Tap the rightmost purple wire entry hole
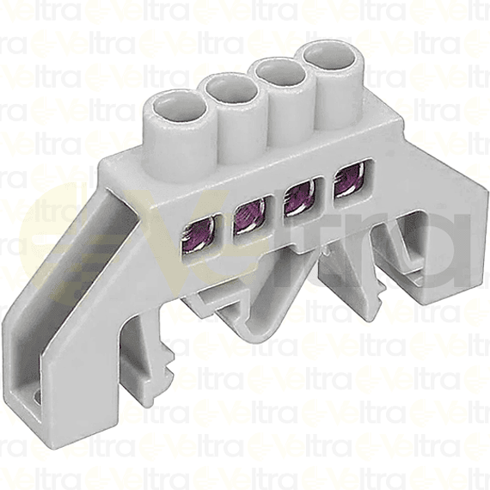coord(346,181)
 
